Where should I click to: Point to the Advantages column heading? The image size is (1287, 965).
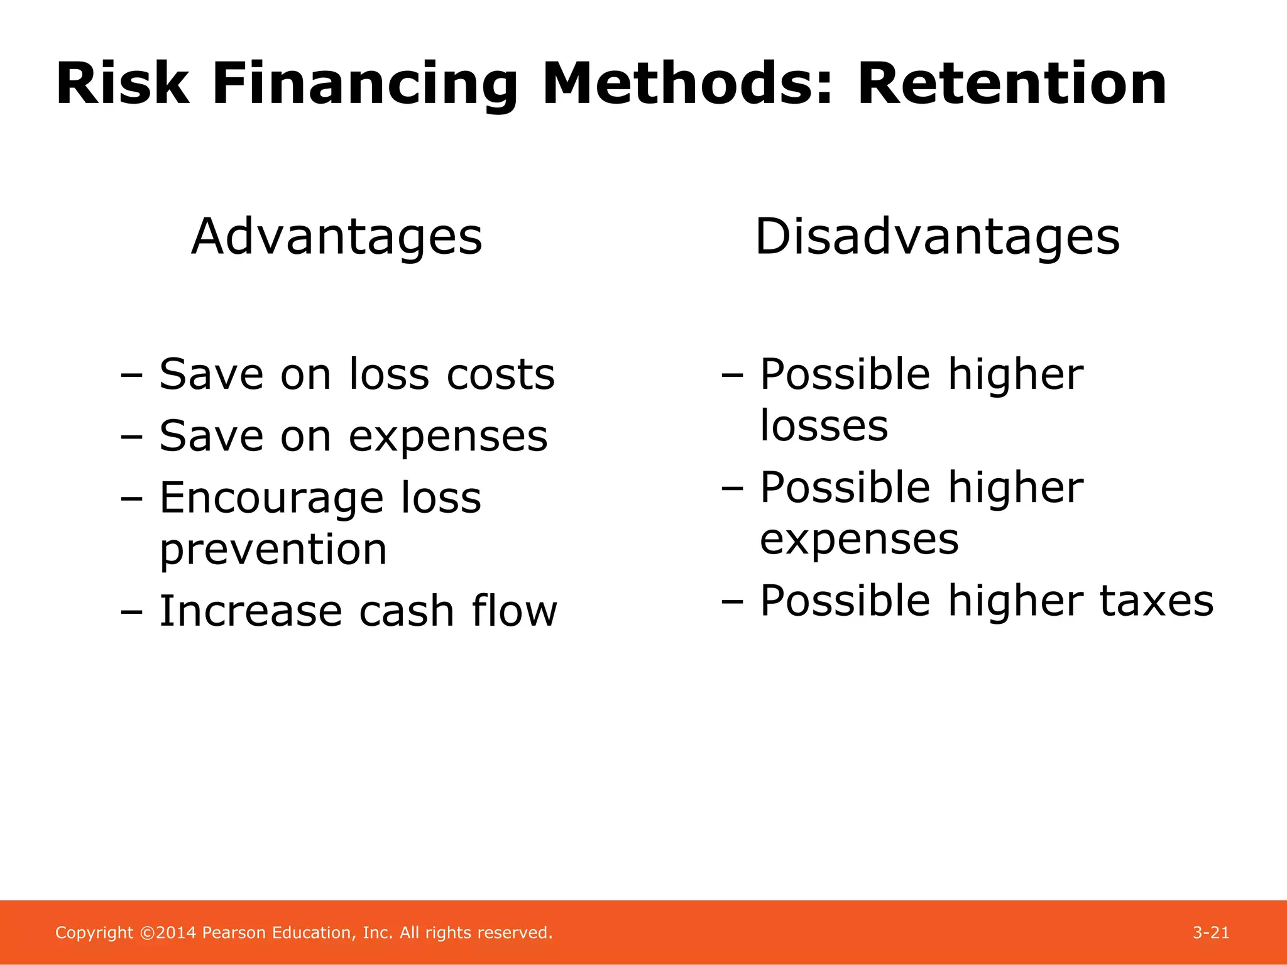(337, 237)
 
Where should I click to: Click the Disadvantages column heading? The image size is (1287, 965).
(937, 237)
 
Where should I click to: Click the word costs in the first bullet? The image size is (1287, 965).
(500, 374)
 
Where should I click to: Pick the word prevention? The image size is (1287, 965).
(273, 550)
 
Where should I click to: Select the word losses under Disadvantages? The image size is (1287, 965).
(824, 426)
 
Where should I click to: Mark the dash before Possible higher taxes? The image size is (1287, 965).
(733, 601)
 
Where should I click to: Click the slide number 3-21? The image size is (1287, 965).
(1210, 932)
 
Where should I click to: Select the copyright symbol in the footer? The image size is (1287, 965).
(147, 933)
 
